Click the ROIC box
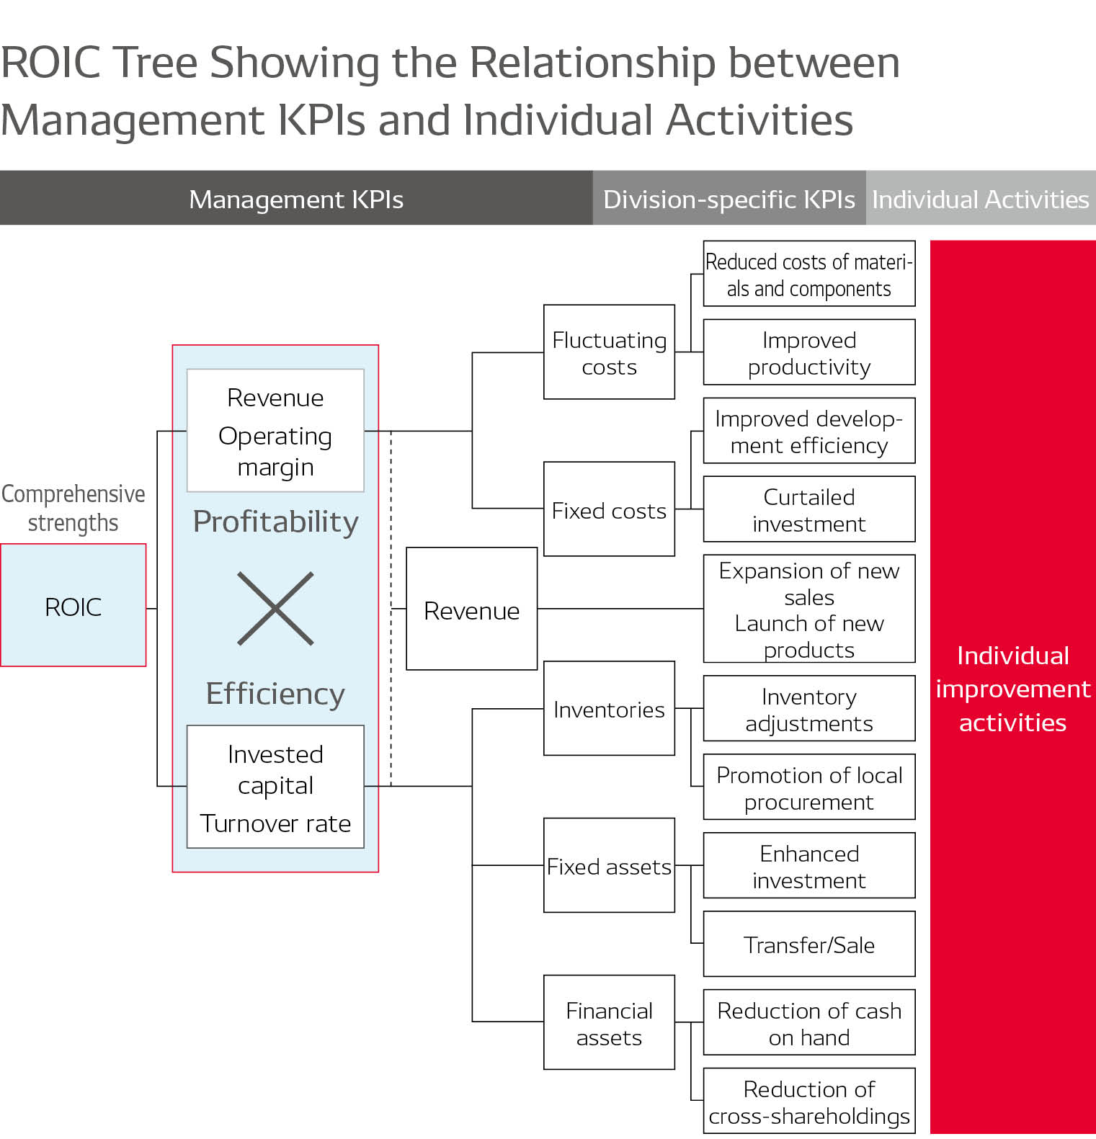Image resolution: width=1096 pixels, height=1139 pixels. [73, 605]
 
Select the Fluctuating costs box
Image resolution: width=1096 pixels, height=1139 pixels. [609, 352]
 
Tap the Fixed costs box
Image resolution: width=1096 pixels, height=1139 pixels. [609, 509]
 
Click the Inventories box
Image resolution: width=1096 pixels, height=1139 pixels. [609, 709]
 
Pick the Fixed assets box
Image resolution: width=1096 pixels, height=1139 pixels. [609, 865]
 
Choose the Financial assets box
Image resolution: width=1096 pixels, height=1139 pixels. [609, 1022]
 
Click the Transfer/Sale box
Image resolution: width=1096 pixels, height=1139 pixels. [808, 944]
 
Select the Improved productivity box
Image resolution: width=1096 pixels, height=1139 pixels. [808, 352]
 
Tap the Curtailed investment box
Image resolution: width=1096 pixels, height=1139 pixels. [808, 509]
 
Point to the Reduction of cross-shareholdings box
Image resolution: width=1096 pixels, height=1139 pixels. [808, 1101]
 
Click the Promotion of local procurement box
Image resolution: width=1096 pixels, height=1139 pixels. [808, 787]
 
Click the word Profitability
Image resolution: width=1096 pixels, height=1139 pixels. [275, 522]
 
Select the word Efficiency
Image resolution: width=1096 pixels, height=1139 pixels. [275, 694]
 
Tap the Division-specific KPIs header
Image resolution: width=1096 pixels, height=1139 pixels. [729, 199]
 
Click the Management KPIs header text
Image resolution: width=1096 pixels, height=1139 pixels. [295, 199]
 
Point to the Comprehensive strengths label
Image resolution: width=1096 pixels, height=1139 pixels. [73, 508]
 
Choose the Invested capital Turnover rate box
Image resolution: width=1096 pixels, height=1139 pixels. [275, 787]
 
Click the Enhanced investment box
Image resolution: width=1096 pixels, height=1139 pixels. [808, 865]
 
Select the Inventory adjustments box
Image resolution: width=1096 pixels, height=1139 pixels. [808, 709]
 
